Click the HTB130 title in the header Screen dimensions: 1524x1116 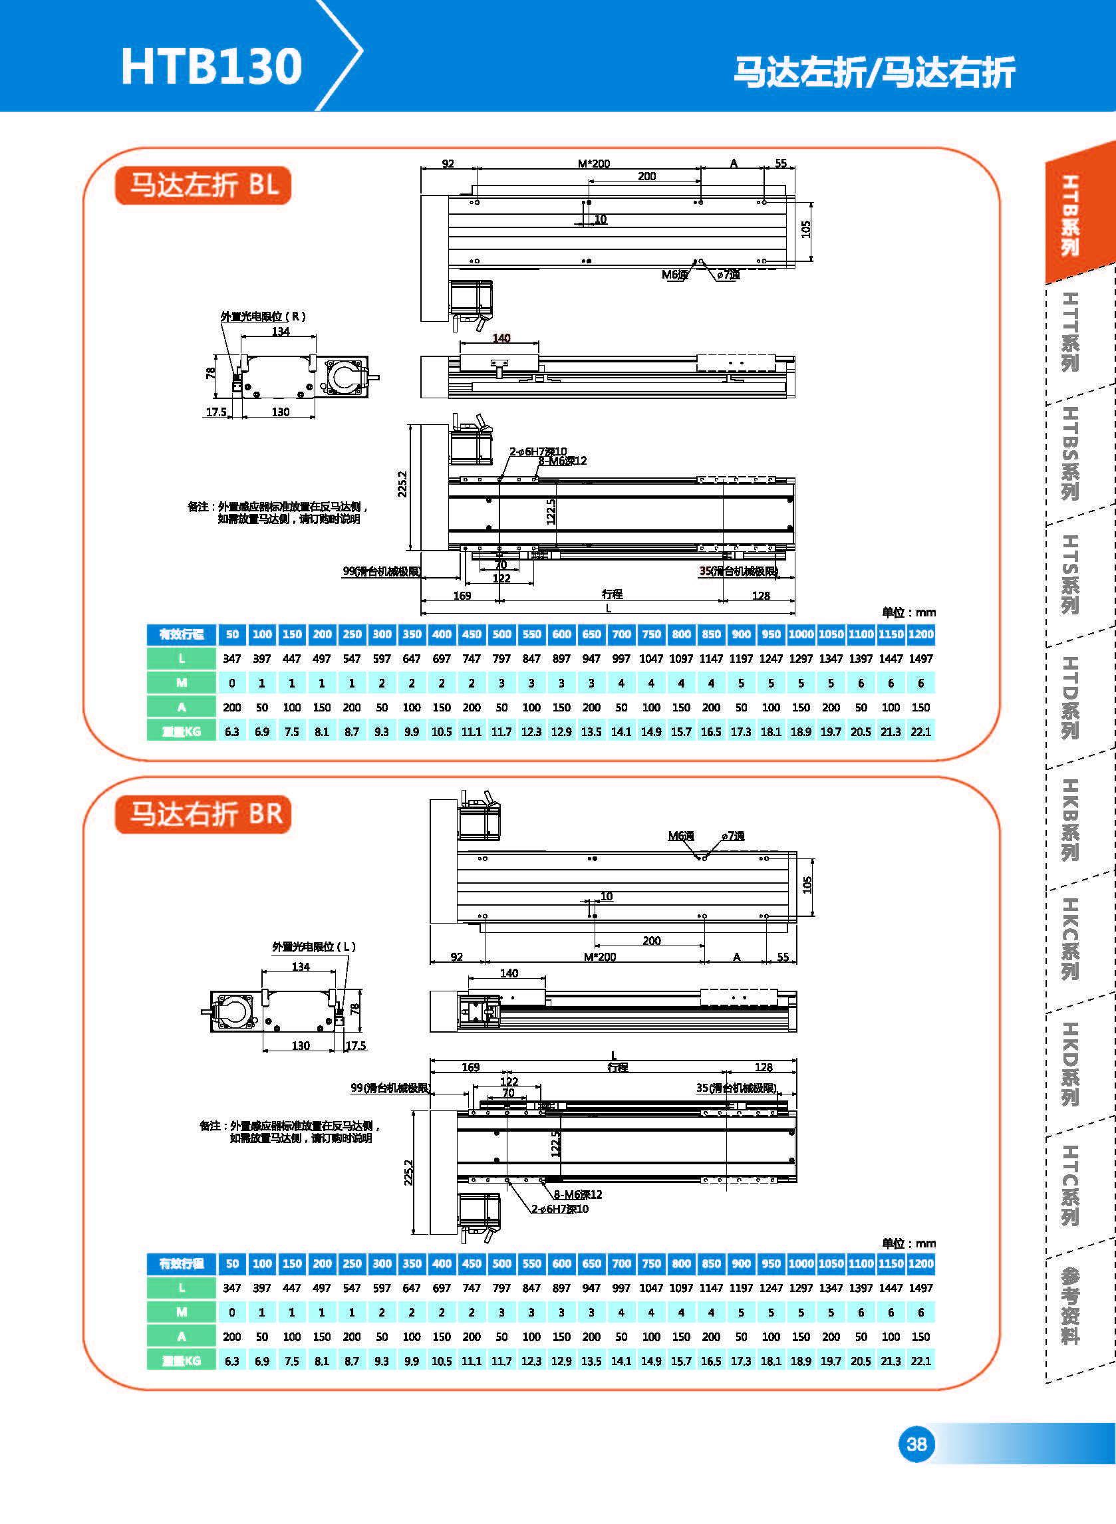coord(211,66)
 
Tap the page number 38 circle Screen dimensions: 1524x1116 coord(916,1444)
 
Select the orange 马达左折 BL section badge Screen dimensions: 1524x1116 coord(204,185)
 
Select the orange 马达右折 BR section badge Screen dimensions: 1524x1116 coord(204,814)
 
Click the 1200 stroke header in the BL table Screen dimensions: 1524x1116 coord(920,634)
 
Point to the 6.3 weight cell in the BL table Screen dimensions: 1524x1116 coord(231,731)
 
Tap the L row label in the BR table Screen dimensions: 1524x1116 coord(181,1288)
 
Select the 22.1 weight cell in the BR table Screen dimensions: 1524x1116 coord(920,1360)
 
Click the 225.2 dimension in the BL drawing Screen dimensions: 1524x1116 coord(402,483)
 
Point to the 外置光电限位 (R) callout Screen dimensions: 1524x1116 coord(263,316)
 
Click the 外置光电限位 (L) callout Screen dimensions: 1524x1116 coord(313,947)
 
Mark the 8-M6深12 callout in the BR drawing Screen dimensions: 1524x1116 coord(577,1194)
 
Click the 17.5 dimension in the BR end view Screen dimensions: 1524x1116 coord(355,1045)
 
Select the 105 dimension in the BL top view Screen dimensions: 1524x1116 coord(805,229)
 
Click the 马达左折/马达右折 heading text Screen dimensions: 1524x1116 coord(874,72)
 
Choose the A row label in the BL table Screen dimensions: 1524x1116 coord(181,707)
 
